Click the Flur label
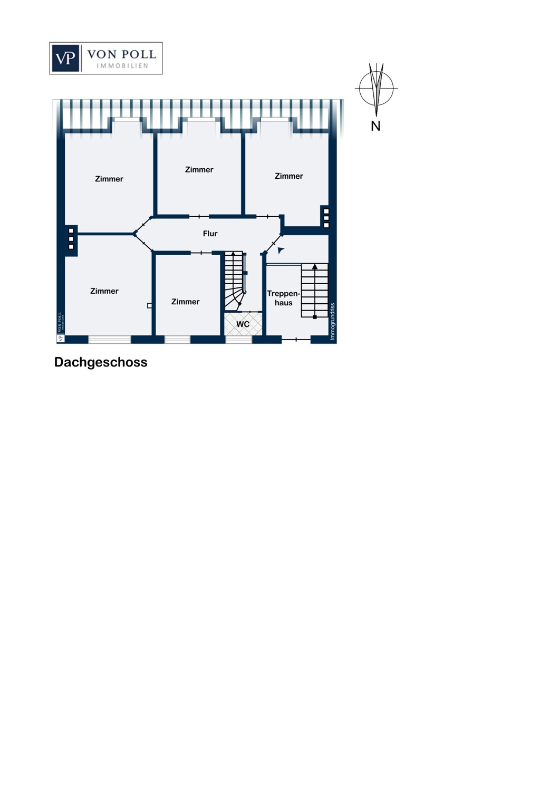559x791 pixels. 210,234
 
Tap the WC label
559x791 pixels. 243,324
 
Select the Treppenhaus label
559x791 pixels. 283,298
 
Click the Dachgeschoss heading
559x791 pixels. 101,362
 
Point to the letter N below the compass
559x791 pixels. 375,126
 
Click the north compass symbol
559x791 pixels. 376,89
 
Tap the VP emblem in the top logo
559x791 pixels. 65,58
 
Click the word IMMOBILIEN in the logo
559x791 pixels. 122,66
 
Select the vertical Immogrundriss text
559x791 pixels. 332,322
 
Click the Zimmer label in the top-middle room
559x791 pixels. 199,170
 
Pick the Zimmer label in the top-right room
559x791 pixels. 288,176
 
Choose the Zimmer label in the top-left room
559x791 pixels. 109,179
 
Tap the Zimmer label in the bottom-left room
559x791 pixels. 104,291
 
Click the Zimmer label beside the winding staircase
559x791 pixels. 185,302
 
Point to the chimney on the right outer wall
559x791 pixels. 326,218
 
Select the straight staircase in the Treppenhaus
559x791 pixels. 314,290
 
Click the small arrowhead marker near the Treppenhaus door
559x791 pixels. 281,250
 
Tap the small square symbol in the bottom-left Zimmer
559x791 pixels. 150,305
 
